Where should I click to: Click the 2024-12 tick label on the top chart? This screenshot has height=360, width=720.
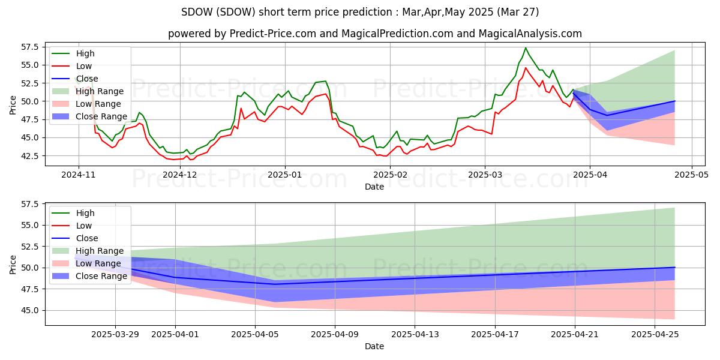180,175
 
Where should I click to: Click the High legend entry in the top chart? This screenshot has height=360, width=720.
86,53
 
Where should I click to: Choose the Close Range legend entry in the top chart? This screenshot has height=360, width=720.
101,116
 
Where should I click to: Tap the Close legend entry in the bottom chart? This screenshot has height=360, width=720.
88,238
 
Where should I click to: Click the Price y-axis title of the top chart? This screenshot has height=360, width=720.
13,104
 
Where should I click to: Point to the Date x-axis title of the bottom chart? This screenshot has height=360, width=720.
374,346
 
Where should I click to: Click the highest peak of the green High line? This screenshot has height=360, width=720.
526,48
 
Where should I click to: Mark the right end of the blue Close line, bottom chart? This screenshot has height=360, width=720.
675,268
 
